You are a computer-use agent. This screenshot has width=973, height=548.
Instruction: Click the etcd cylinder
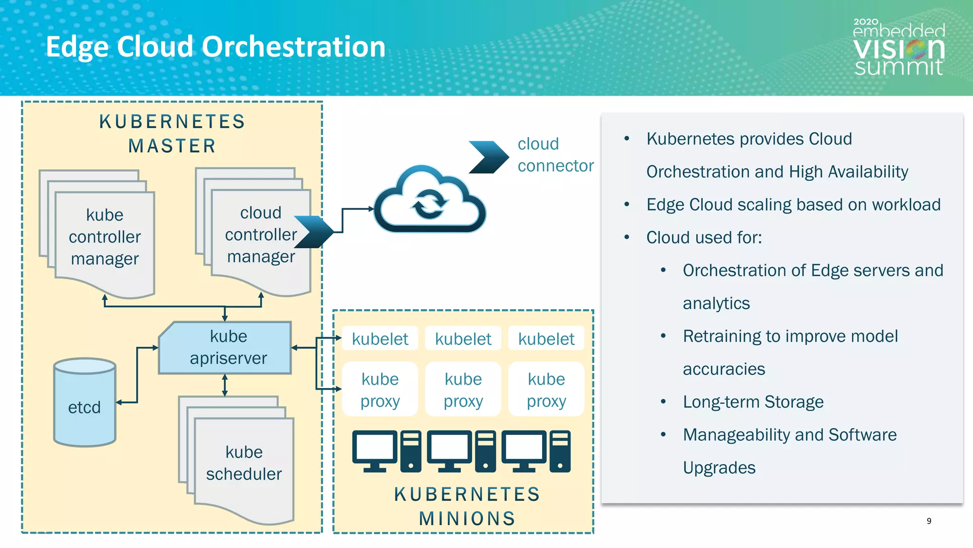(85, 402)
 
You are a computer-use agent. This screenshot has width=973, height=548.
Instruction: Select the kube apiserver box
(225, 348)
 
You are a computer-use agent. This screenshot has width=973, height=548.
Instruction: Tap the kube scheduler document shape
(244, 463)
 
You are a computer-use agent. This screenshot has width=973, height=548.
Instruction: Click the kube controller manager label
(105, 237)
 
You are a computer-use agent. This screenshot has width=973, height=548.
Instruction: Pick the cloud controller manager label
(261, 235)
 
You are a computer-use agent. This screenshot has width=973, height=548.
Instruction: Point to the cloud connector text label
(554, 155)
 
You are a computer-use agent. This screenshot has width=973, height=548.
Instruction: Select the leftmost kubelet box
(380, 339)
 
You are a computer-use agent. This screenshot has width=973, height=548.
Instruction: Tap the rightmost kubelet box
(546, 339)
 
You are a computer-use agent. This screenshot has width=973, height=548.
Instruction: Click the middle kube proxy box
(463, 390)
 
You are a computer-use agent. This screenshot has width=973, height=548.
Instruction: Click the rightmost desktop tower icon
(560, 451)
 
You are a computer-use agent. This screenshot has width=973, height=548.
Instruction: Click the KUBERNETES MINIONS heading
(467, 506)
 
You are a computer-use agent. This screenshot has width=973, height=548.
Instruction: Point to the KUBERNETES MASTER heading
(172, 134)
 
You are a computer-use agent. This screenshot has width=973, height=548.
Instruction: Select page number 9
(929, 521)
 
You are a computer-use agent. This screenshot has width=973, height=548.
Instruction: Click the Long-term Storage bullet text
(753, 402)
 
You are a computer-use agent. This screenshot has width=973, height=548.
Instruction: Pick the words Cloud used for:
(704, 237)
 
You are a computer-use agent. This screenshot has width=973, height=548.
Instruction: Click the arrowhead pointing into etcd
(119, 402)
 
